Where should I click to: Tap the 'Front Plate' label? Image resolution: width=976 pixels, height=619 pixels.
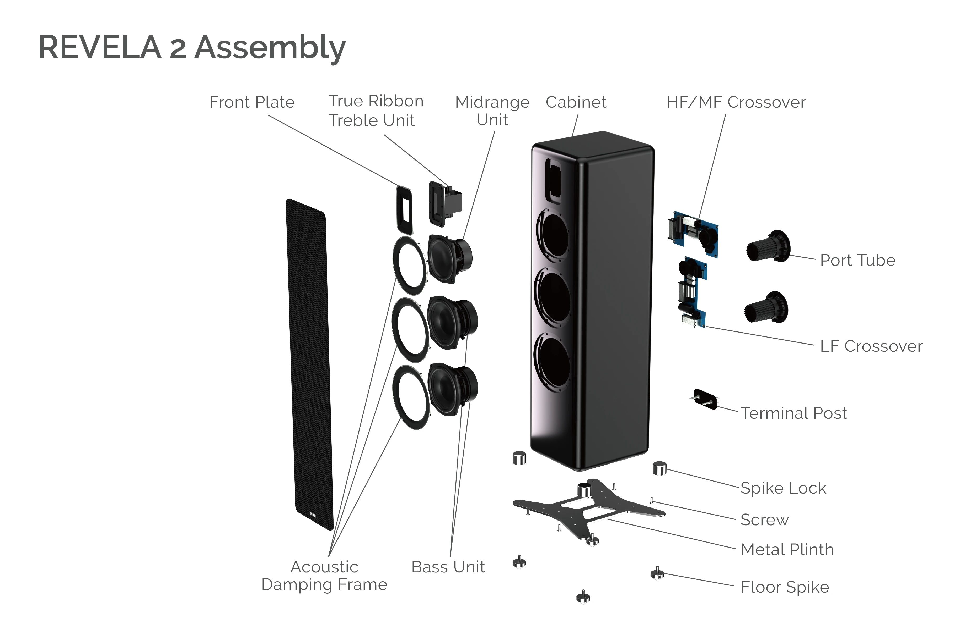(x=252, y=102)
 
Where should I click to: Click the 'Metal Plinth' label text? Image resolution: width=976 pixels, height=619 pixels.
(x=787, y=549)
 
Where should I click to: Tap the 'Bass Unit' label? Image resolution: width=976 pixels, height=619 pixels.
(x=448, y=567)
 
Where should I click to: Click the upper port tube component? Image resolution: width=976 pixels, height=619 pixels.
(x=768, y=246)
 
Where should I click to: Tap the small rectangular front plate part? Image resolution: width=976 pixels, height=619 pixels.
(x=404, y=210)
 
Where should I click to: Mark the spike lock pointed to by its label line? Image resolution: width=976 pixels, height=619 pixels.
(x=659, y=468)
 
